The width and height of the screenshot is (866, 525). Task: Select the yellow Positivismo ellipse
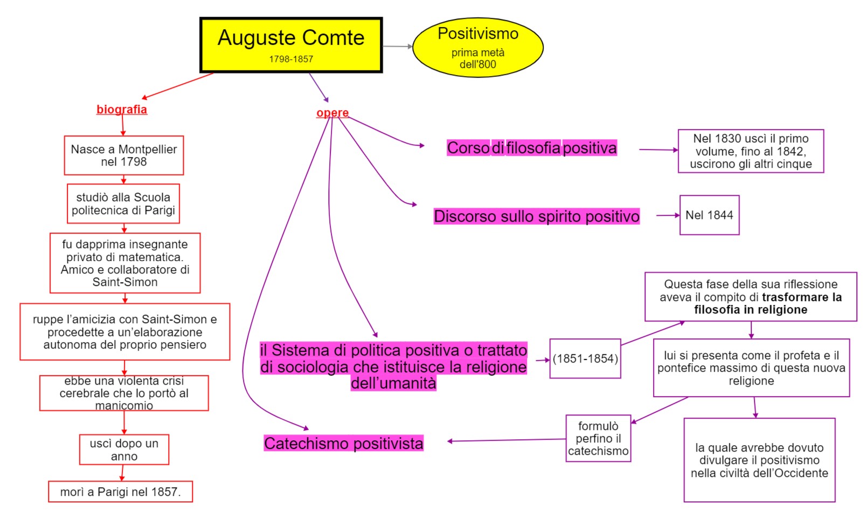(x=477, y=47)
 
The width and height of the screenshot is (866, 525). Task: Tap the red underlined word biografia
(x=122, y=110)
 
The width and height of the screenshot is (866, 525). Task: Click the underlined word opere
(x=332, y=113)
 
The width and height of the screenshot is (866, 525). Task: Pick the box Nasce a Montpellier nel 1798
(x=124, y=155)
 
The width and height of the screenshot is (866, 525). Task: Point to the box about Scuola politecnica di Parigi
(x=123, y=204)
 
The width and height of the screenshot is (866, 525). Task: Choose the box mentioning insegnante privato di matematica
(x=125, y=263)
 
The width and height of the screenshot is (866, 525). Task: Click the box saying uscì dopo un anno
(x=124, y=449)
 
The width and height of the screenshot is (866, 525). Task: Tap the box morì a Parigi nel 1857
(x=120, y=492)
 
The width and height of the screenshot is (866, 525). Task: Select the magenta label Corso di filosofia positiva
(x=532, y=148)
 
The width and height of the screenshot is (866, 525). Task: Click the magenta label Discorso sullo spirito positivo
(x=537, y=216)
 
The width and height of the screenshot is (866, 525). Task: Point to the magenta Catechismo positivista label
(x=344, y=444)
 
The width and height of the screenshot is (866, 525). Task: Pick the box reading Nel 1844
(x=709, y=215)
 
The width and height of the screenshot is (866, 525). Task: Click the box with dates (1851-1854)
(x=585, y=359)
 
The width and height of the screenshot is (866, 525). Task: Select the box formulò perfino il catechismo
(x=598, y=439)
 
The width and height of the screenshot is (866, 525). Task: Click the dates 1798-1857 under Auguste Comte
(x=291, y=59)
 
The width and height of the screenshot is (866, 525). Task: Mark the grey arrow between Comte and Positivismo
(x=398, y=47)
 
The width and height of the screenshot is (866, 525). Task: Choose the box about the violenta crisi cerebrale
(x=124, y=393)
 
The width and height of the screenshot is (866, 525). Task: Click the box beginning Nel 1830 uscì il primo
(x=751, y=151)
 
